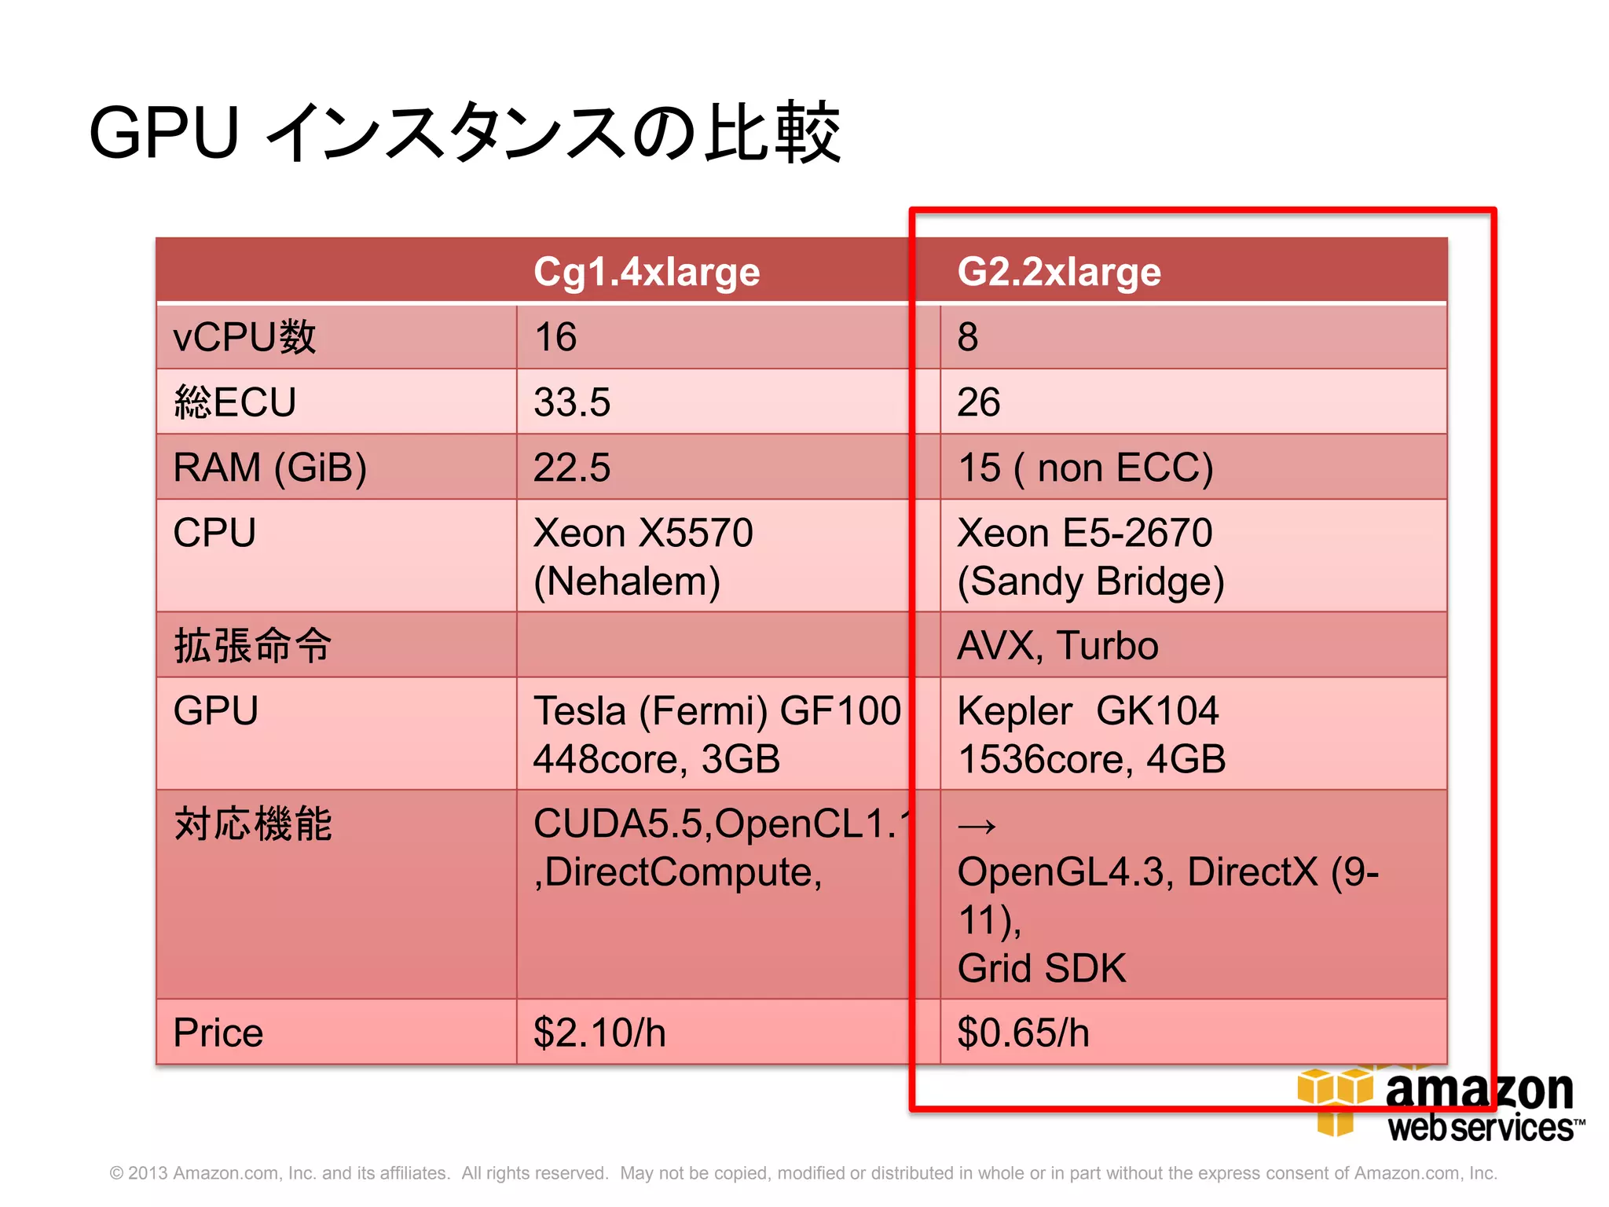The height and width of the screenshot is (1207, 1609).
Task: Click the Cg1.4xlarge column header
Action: pyautogui.click(x=646, y=272)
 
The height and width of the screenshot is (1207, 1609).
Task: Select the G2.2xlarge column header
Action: pyautogui.click(x=1058, y=272)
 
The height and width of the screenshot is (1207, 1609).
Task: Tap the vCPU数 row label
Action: pyautogui.click(x=244, y=337)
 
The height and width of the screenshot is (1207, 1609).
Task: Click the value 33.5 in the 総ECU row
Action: pyautogui.click(x=571, y=402)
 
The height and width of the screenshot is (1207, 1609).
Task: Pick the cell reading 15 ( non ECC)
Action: pyautogui.click(x=1085, y=468)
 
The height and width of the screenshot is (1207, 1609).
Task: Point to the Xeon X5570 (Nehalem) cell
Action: pyautogui.click(x=643, y=556)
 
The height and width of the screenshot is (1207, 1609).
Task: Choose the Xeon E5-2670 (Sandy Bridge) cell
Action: pyautogui.click(x=1090, y=556)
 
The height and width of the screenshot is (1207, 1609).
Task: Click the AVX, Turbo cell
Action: pyautogui.click(x=1057, y=646)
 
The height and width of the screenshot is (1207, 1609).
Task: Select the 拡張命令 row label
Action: pyautogui.click(x=253, y=646)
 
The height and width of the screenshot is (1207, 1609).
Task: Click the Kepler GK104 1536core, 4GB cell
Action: pyautogui.click(x=1090, y=734)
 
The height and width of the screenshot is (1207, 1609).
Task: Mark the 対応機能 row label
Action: pyautogui.click(x=253, y=824)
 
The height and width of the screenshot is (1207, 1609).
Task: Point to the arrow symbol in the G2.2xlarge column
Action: pyautogui.click(x=977, y=826)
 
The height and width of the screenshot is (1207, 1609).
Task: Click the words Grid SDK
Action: pyautogui.click(x=1042, y=968)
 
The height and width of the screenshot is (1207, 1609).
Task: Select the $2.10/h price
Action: pyautogui.click(x=599, y=1033)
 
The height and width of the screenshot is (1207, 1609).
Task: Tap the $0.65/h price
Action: pyautogui.click(x=1023, y=1033)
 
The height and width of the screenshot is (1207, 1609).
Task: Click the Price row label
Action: pyautogui.click(x=218, y=1033)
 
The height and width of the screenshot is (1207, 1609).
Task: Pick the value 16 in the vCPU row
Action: pyautogui.click(x=555, y=337)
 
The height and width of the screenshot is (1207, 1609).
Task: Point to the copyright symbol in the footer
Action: pyautogui.click(x=116, y=1173)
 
